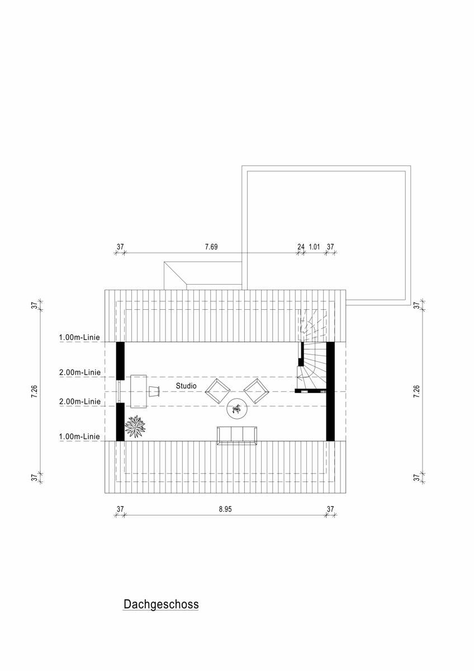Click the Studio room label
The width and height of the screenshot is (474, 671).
coord(186,386)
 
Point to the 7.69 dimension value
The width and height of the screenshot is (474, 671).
coord(211,247)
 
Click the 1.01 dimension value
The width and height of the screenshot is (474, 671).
coord(314,247)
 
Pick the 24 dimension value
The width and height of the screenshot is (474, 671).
coord(301,247)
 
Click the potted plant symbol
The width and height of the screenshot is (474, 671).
coord(135,426)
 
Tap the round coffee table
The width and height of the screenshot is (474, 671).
coord(237,409)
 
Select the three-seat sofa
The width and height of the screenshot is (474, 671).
coord(237,436)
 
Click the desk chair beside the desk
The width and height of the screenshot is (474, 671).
coord(155,391)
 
